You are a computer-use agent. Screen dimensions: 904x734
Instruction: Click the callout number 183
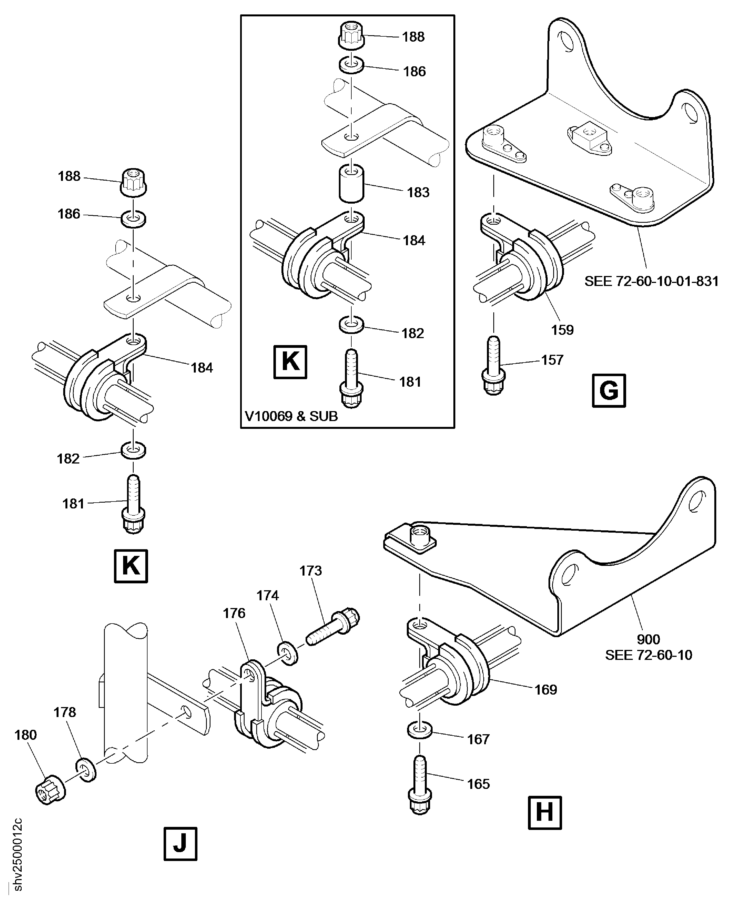coord(418,193)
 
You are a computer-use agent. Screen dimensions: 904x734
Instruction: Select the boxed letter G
coord(608,391)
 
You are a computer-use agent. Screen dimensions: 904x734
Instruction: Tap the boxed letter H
coord(545,813)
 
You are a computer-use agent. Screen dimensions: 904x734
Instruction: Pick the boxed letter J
coord(180,844)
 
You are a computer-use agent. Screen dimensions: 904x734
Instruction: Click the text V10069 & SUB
coord(291,416)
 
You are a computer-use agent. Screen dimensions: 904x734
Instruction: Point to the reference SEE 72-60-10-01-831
coord(651,281)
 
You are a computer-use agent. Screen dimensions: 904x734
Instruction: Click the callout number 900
coord(648,639)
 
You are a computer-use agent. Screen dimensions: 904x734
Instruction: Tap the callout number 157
coord(552,360)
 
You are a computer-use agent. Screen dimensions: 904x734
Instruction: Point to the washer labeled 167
coord(420,730)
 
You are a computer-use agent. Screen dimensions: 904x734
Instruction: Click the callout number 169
coord(545,690)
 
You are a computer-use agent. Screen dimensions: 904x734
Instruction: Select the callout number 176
coord(234,613)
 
